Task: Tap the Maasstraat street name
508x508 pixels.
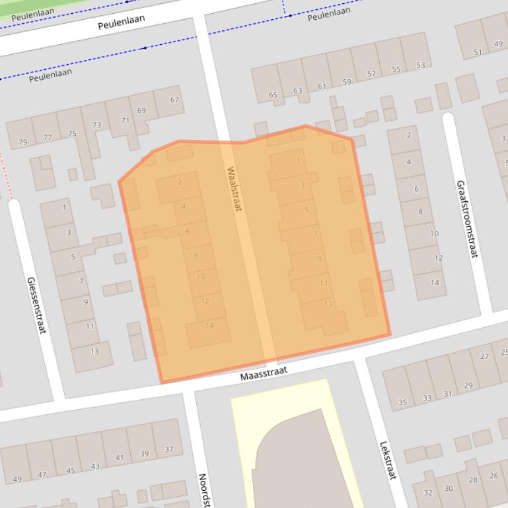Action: (264, 374)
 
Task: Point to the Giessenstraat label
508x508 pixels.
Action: (36, 304)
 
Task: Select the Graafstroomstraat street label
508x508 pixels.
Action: (466, 218)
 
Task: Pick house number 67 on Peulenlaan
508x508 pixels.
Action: (174, 100)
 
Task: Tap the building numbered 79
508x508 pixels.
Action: (23, 142)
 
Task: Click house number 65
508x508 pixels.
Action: (273, 95)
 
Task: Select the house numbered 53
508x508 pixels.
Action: (420, 65)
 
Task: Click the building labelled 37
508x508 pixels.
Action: (169, 450)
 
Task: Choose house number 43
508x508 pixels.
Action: (95, 466)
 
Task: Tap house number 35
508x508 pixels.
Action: (402, 402)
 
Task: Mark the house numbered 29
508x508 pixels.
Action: (468, 385)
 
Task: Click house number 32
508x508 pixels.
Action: (428, 492)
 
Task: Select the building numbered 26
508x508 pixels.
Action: (493, 476)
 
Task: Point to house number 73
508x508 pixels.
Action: (97, 125)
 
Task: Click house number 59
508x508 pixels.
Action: (347, 82)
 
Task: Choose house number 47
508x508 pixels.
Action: (42, 474)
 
